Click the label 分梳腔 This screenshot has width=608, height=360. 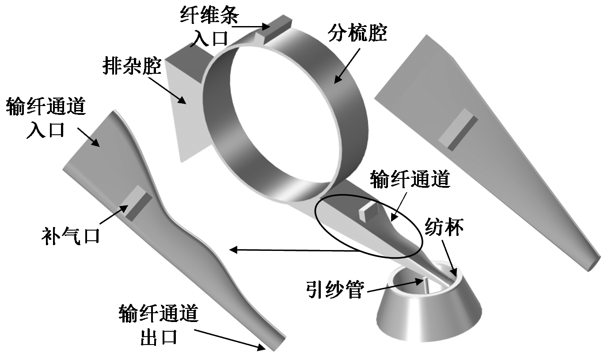pos(357,33)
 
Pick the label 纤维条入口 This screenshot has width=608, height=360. pos(209,27)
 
